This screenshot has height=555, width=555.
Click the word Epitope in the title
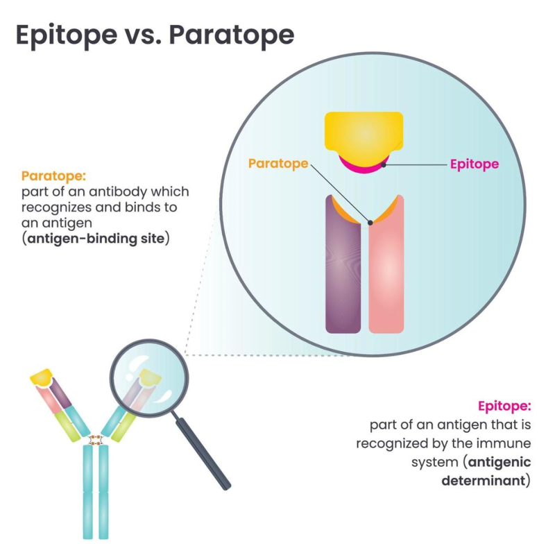click(x=67, y=36)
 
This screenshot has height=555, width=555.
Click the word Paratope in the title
click(x=232, y=36)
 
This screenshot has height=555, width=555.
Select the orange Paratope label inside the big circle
click(x=278, y=164)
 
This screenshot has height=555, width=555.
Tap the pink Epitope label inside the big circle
click(x=475, y=164)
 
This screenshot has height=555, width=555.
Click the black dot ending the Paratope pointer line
click(x=370, y=223)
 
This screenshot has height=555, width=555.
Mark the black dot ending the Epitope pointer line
click(x=384, y=164)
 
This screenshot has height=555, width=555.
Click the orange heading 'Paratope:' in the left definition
click(x=53, y=176)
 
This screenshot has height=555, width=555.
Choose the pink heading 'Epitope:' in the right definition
click(x=504, y=406)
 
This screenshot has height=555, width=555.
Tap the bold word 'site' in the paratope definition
click(x=153, y=239)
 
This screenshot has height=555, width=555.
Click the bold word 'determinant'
click(x=484, y=481)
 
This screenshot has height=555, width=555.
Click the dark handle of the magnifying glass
click(x=203, y=454)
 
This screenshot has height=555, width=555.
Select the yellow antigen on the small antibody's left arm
click(x=42, y=377)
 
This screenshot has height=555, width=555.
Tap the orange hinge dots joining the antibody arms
click(x=96, y=441)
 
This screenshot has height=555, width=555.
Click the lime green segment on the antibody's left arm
click(x=67, y=426)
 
